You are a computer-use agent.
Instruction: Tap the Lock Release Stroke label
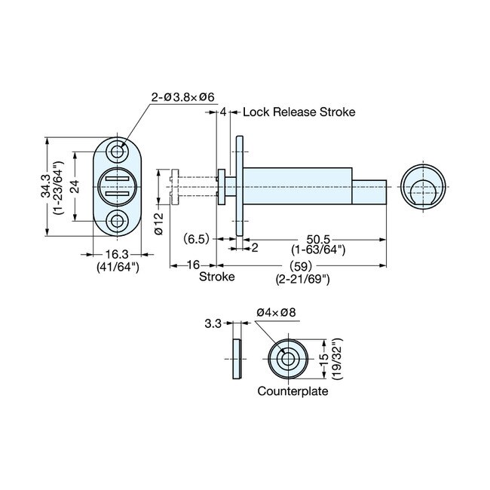click(299, 112)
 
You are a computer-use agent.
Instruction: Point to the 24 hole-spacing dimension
click(75, 187)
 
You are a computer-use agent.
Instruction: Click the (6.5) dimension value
click(196, 238)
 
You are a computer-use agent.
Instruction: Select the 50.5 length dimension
click(318, 238)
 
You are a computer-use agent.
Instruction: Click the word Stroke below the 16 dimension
click(216, 277)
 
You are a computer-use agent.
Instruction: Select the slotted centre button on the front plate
click(118, 186)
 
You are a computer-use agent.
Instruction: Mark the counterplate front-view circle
click(289, 359)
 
